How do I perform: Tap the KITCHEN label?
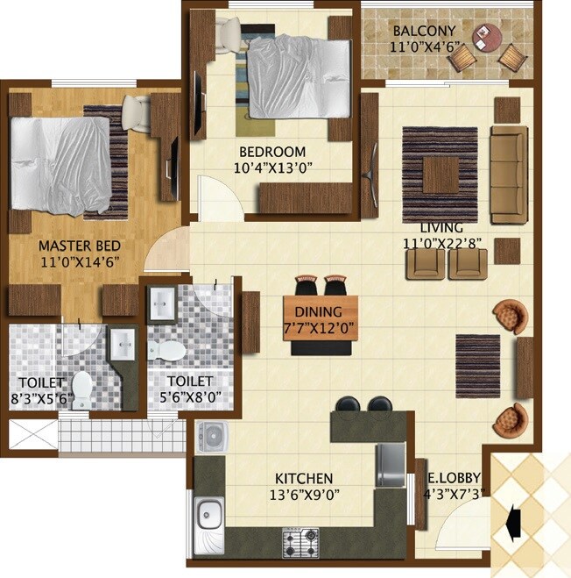(x=304, y=478)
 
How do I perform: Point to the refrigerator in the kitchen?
(x=391, y=464)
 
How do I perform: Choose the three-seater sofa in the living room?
(x=509, y=174)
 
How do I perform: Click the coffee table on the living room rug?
(x=440, y=173)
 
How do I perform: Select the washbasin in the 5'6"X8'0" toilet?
(x=163, y=305)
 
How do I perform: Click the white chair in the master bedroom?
(x=136, y=111)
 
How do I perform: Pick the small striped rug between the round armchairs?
(x=478, y=365)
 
